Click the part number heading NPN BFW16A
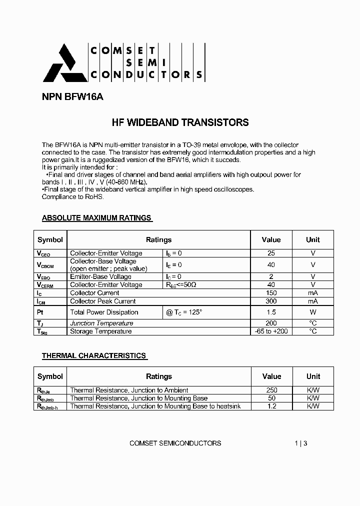click(72, 97)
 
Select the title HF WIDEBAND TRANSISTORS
click(179, 122)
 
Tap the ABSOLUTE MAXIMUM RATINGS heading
click(96, 218)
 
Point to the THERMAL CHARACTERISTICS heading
click(94, 355)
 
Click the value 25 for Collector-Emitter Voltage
click(271, 253)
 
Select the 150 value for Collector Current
click(271, 293)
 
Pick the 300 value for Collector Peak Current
click(271, 301)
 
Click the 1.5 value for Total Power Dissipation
click(271, 312)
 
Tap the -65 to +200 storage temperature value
click(271, 331)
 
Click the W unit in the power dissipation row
click(313, 312)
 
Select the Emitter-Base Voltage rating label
click(100, 276)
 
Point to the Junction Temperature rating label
click(101, 323)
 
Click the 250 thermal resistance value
click(271, 390)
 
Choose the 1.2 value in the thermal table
click(271, 406)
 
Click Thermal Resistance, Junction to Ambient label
click(129, 390)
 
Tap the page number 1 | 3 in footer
click(301, 443)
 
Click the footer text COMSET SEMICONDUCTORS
click(175, 443)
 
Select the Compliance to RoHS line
click(72, 197)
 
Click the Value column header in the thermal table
click(271, 376)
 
